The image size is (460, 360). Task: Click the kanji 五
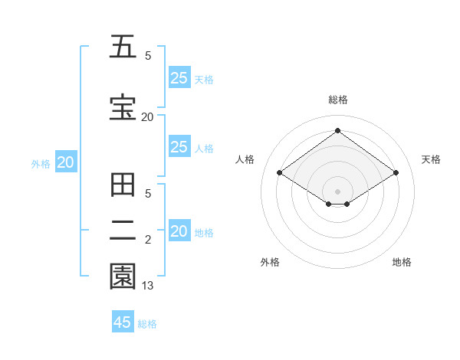[123, 47]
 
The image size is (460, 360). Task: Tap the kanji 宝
[123, 108]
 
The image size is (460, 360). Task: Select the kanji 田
[123, 186]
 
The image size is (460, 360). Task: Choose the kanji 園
[123, 277]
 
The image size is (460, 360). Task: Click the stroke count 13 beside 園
[148, 286]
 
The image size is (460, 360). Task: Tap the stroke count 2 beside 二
[148, 241]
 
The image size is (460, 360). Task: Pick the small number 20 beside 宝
[147, 116]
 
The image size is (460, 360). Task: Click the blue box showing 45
[123, 322]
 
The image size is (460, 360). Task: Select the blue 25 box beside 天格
[179, 78]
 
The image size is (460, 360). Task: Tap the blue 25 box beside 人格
[179, 147]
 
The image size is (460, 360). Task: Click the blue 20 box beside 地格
[179, 232]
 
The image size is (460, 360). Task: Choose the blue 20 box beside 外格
[66, 162]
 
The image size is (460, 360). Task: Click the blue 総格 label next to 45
[147, 324]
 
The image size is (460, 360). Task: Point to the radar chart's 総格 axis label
[337, 100]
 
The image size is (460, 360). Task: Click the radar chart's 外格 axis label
[270, 262]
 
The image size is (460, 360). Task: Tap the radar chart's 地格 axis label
[402, 262]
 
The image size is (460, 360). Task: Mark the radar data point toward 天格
[396, 173]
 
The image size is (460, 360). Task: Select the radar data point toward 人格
[280, 173]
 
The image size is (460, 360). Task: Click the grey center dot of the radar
[337, 191]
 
